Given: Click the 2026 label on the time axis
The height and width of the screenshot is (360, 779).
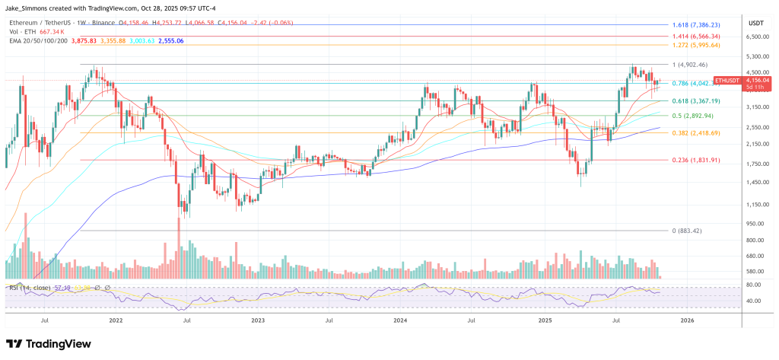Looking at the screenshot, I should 686,320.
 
